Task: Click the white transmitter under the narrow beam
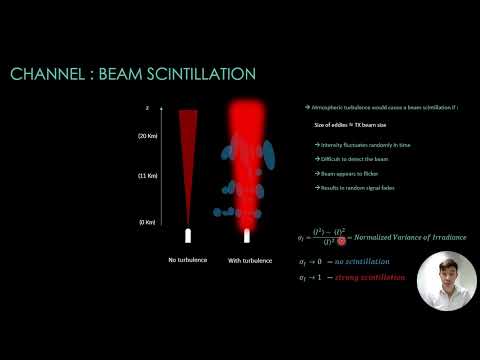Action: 188,236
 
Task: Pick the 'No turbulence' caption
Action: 188,260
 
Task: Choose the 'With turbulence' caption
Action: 249,260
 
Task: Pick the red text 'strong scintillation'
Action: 379,277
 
